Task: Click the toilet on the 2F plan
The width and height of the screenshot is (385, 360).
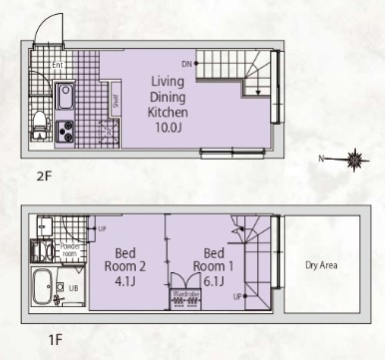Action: point(39,122)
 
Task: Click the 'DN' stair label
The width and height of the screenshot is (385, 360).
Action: point(186,63)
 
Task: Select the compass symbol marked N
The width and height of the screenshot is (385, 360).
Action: point(354,158)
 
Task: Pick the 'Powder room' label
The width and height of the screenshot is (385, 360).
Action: point(69,249)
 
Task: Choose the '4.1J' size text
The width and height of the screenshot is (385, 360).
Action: point(125,282)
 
